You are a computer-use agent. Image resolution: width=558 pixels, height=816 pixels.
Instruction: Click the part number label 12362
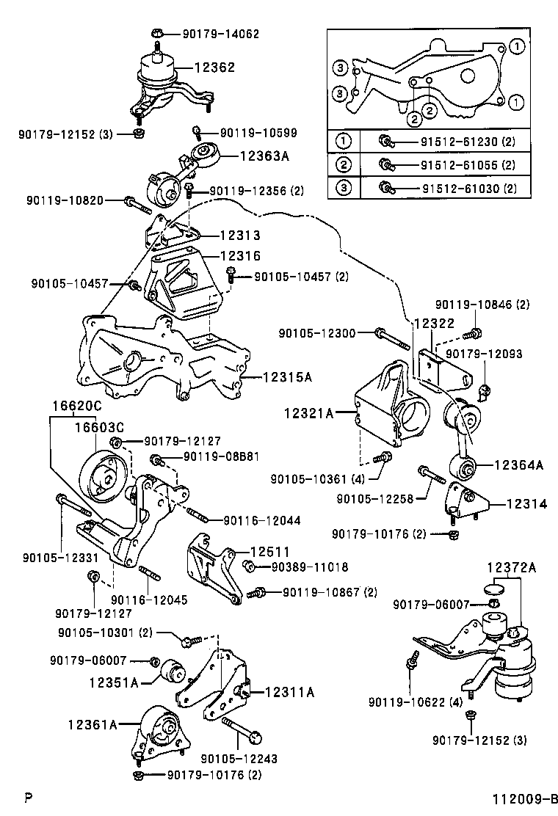(x=214, y=68)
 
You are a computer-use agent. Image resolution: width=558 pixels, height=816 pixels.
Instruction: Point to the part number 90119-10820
(x=75, y=200)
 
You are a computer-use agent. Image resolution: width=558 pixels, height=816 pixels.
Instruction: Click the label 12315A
(x=286, y=377)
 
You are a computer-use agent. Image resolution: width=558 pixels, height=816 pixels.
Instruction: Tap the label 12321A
(x=309, y=414)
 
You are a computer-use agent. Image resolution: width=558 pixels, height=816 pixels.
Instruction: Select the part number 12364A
(x=518, y=465)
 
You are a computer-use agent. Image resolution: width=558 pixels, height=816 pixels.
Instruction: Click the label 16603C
(x=98, y=428)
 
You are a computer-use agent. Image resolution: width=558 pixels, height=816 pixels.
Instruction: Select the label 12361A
(x=113, y=725)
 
